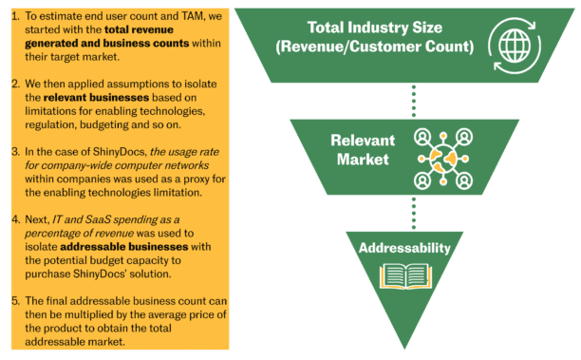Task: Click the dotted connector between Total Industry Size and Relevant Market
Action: pyautogui.click(x=412, y=99)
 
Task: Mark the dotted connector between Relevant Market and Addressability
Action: pyautogui.click(x=412, y=212)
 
